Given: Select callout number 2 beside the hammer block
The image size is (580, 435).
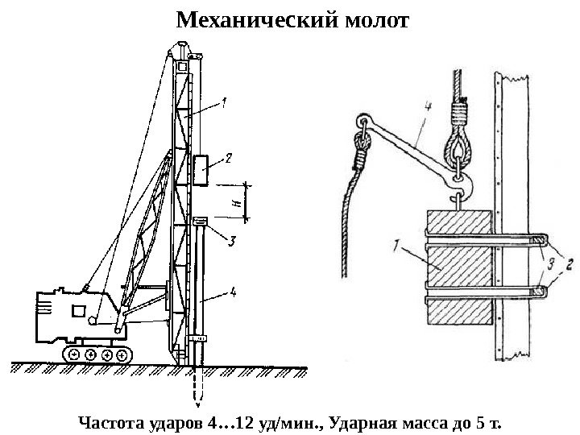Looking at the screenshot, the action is pyautogui.click(x=229, y=159).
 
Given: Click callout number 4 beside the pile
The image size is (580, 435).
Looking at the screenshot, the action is pyautogui.click(x=233, y=293).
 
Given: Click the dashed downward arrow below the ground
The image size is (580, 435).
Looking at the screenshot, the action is pyautogui.click(x=197, y=390).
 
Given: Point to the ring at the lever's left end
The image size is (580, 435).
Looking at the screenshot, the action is pyautogui.click(x=360, y=122).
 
